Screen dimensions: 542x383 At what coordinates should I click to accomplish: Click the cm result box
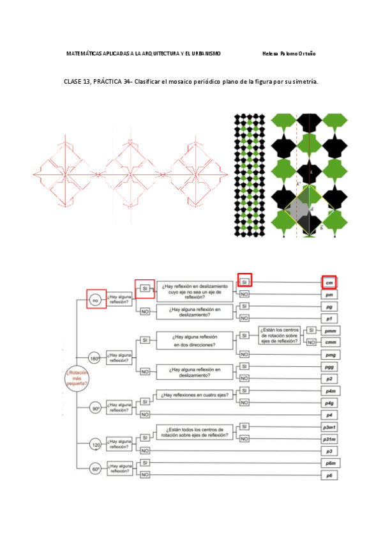(329, 282)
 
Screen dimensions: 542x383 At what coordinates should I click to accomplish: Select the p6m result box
(329, 462)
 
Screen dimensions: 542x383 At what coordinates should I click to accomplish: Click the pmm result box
(329, 330)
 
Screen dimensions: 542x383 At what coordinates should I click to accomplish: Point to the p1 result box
(329, 318)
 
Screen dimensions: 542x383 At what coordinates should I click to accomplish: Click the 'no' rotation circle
(96, 299)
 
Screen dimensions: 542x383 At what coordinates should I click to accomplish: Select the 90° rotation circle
(96, 407)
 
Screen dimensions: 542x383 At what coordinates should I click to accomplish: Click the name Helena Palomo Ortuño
(289, 54)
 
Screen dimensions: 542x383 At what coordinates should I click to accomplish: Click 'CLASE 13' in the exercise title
(77, 82)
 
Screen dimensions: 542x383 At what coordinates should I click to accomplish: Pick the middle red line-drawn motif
(130, 173)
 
